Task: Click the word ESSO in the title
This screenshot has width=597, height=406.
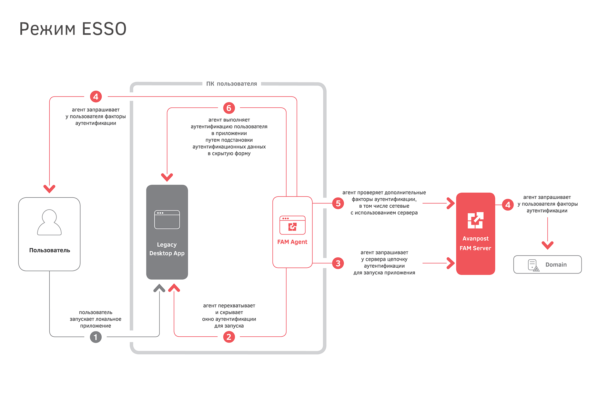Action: (104, 29)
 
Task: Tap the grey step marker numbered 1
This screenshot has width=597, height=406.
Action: (96, 337)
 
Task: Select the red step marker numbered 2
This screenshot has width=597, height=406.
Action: (229, 337)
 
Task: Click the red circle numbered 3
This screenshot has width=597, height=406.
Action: (338, 263)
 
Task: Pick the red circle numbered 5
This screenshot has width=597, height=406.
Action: (338, 203)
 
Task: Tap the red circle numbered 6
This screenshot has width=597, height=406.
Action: (229, 108)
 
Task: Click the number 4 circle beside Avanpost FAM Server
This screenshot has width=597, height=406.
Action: (508, 205)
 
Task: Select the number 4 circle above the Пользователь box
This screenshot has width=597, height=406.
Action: (96, 96)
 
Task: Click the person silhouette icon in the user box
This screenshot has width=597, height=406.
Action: (49, 223)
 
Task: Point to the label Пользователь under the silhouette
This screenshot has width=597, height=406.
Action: (49, 250)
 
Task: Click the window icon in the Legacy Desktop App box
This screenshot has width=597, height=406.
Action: (167, 220)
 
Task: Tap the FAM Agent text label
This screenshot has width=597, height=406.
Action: (292, 242)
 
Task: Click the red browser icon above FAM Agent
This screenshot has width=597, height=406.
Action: (292, 225)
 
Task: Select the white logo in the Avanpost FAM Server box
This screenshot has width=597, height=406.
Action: (475, 220)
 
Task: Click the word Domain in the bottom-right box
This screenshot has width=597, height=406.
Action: (556, 265)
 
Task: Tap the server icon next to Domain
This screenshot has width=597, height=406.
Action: (533, 265)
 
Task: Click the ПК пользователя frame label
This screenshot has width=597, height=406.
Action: (231, 84)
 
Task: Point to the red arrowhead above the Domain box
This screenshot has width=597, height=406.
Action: (547, 245)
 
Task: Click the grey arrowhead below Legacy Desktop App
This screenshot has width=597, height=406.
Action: (159, 288)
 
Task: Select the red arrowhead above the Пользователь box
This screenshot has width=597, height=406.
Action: (49, 189)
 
